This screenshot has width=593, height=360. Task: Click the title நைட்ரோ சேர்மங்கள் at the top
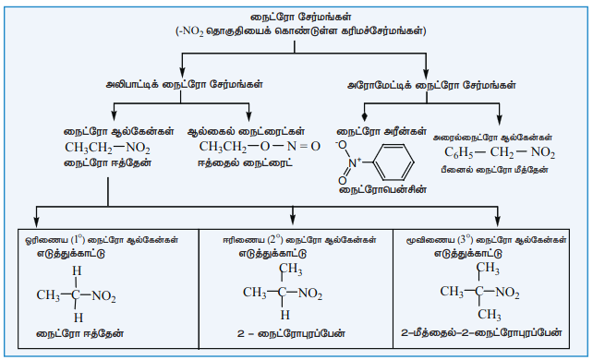[x=301, y=17]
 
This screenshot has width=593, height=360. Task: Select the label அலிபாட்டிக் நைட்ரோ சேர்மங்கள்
[x=184, y=84]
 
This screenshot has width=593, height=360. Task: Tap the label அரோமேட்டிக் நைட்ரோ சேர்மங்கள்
[x=431, y=85]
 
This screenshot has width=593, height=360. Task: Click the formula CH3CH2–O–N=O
[x=260, y=147]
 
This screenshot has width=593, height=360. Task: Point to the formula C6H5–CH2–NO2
[x=500, y=152]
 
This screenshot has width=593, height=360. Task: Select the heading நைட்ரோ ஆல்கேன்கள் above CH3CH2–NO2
[x=119, y=131]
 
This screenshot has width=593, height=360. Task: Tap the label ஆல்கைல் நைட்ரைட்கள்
[x=247, y=131]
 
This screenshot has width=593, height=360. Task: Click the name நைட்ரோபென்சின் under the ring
[x=382, y=189]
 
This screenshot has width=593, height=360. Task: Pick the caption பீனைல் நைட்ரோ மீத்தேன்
[x=494, y=170]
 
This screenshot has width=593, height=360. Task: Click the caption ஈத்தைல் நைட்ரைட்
[x=245, y=163]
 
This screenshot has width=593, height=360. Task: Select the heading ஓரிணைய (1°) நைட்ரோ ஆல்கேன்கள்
[x=102, y=240]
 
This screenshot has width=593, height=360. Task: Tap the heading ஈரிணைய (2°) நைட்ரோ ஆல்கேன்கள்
[x=299, y=240]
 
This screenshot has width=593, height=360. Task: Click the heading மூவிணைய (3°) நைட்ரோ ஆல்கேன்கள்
[x=487, y=240]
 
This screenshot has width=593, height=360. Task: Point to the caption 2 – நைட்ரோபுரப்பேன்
[x=291, y=333]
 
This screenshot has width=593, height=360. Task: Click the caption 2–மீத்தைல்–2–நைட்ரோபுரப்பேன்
[x=481, y=333]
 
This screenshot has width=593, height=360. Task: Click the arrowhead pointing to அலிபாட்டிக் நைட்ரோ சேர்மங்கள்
[x=182, y=73]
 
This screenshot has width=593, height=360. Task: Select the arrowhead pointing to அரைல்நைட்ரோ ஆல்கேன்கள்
[x=500, y=120]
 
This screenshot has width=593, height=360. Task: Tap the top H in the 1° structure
[x=77, y=270]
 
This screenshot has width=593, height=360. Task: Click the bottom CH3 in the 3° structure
[x=489, y=315]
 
